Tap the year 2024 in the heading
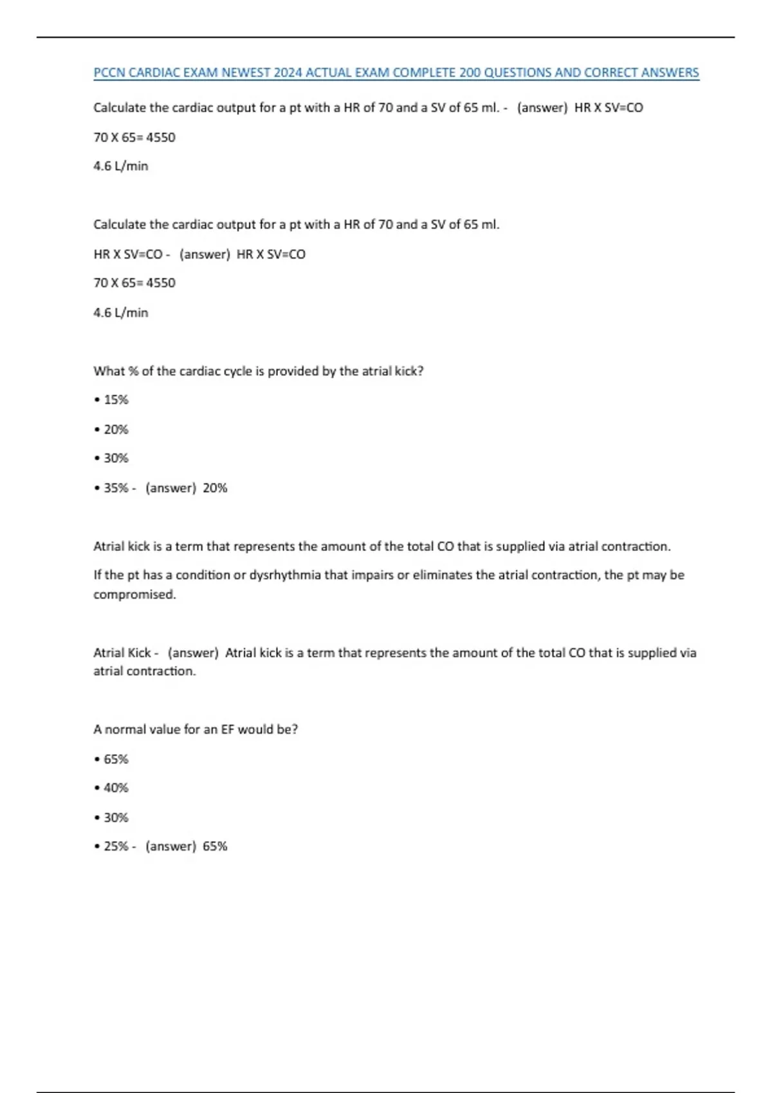(x=288, y=73)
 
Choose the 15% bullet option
(x=116, y=400)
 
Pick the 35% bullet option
(x=116, y=488)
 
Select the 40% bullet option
(x=116, y=788)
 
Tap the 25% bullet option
(x=116, y=846)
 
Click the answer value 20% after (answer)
(x=215, y=488)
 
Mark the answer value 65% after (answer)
(x=215, y=846)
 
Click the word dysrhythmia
(x=285, y=575)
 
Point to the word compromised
(x=134, y=594)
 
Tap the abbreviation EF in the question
(x=228, y=730)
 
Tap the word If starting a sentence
(x=98, y=575)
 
